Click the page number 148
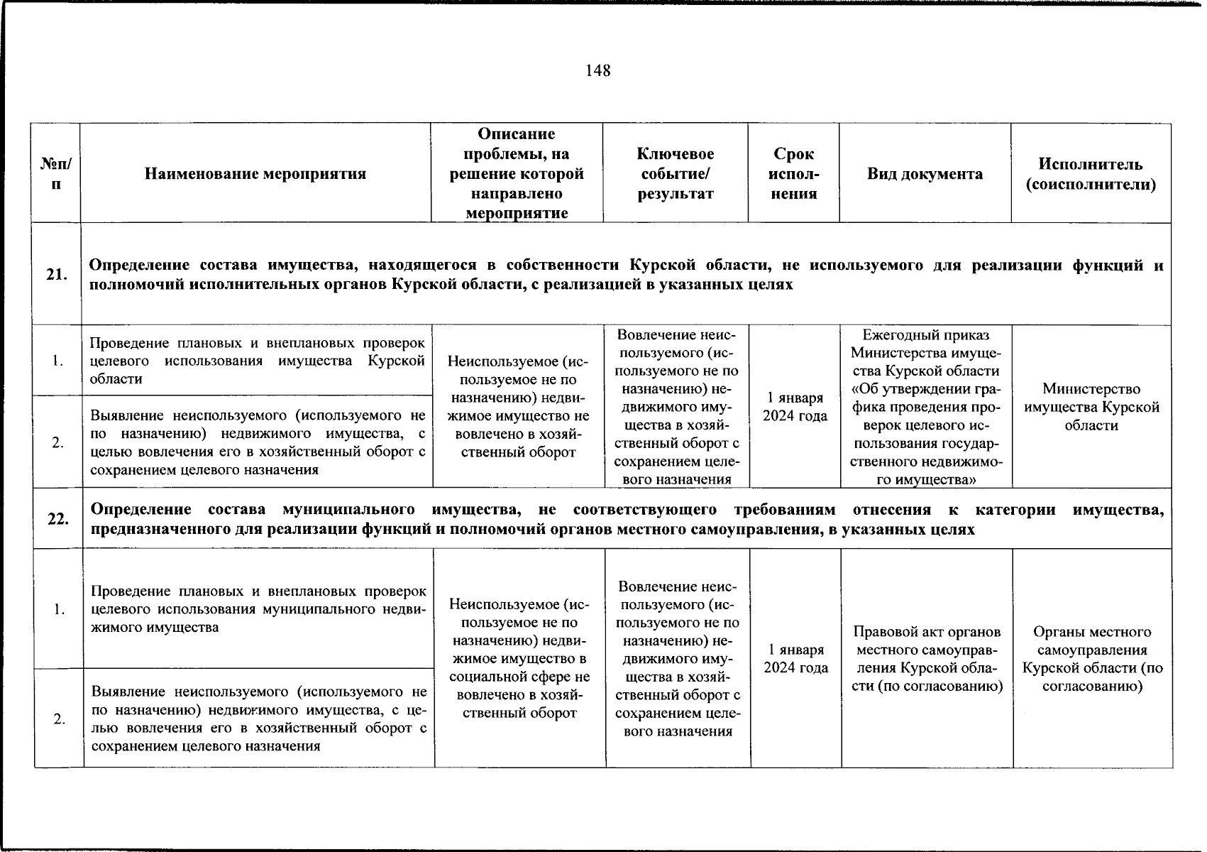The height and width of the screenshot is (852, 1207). click(598, 70)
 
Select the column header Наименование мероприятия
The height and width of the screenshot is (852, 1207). click(255, 174)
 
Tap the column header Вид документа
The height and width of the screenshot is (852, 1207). click(925, 174)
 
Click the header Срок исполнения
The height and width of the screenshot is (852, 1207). click(793, 174)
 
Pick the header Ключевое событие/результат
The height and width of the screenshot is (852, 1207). click(675, 174)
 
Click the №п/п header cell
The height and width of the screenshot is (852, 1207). click(56, 174)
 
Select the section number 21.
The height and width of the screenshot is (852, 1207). click(57, 275)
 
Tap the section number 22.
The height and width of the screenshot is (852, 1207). click(58, 519)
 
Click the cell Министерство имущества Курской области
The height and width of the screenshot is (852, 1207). click(1091, 407)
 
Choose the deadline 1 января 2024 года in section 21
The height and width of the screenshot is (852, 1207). click(795, 407)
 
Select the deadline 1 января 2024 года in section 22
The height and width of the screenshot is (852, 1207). click(795, 658)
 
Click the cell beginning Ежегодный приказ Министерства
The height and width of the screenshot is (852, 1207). click(925, 407)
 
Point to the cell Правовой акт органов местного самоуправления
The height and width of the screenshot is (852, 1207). click(927, 659)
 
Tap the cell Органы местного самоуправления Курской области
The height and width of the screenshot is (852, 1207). click(1092, 659)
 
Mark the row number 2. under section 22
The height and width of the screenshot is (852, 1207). click(59, 719)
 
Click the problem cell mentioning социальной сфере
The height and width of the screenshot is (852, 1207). click(519, 658)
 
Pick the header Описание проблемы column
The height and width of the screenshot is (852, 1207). click(517, 174)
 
